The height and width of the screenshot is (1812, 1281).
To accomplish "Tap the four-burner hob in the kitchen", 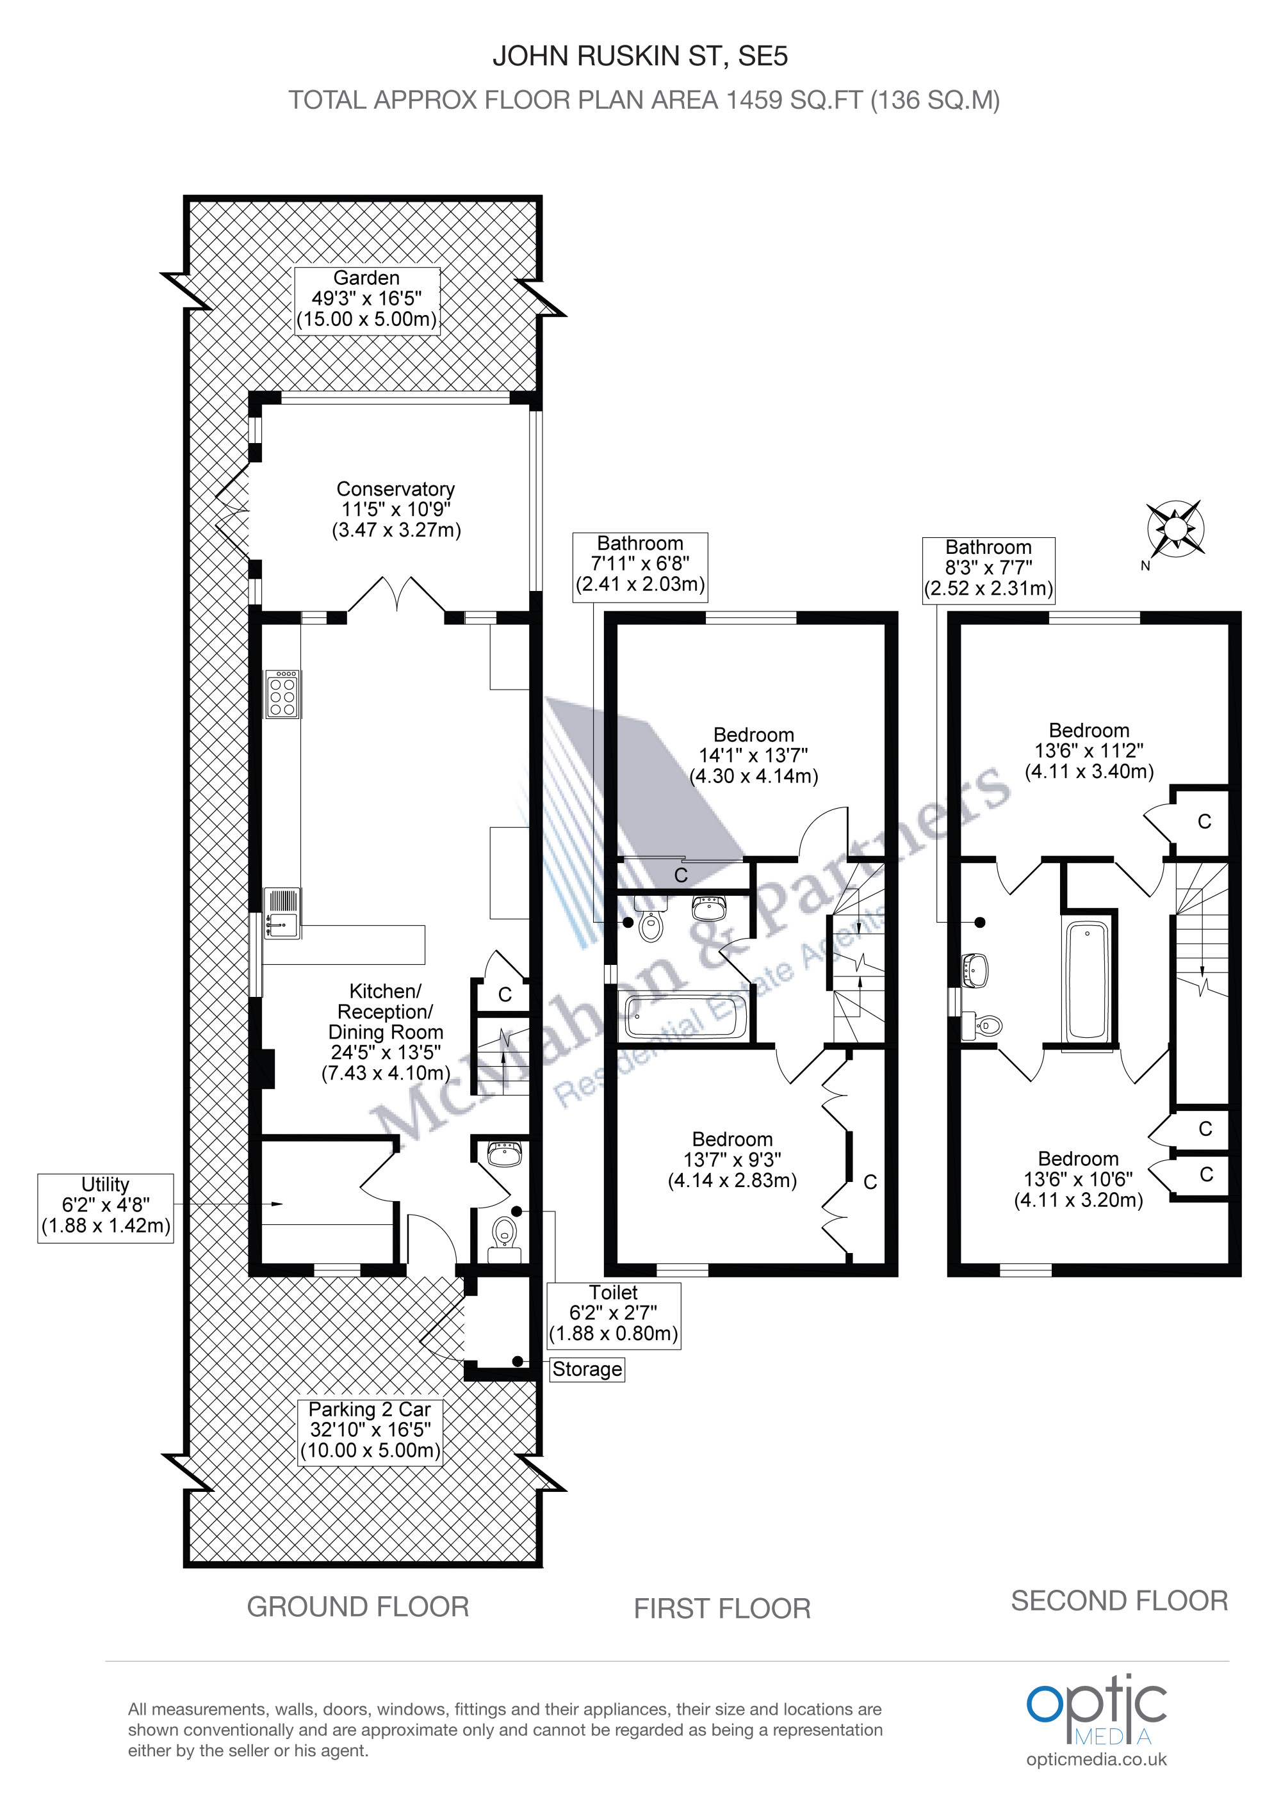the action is point(282,693).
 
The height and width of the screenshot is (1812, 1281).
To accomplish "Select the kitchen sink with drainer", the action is point(282,913).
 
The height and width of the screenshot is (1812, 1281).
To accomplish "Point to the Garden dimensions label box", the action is point(367,299).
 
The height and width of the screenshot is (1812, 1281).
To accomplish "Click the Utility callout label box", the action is point(105,1208).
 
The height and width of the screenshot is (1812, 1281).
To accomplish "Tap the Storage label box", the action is point(587,1368).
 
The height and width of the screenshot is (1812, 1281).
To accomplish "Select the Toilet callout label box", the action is point(613,1313).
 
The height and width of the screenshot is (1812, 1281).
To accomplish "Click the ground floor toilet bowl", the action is point(503,1236).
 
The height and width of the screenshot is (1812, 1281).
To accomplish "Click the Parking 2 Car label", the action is point(370,1432).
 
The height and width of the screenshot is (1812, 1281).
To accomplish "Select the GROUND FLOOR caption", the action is point(357,1607).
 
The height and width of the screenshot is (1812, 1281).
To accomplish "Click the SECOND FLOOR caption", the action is point(1119,1601).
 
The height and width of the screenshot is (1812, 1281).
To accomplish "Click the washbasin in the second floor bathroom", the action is point(976,969).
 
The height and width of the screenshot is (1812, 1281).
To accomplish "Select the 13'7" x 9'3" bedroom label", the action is point(733,1160).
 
